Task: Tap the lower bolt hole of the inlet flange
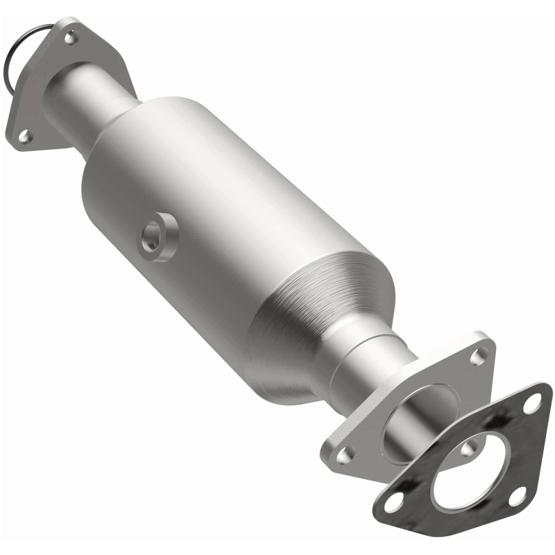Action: [24, 137]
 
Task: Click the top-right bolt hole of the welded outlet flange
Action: [478, 357]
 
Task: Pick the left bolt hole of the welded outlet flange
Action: [343, 454]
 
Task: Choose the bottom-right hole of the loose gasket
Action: [517, 495]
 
